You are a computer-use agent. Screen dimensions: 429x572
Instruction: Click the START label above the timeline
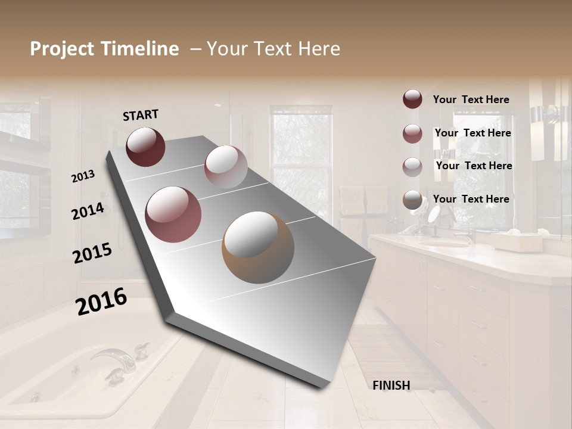141,114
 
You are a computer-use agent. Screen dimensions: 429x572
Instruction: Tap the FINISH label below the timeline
391,386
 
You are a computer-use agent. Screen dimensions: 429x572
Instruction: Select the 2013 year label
83,176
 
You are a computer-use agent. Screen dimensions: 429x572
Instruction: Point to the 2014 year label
88,211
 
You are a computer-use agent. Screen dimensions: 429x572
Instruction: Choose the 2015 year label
92,253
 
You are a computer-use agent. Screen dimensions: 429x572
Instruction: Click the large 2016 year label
101,301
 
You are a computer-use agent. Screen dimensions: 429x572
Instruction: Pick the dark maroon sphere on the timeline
145,147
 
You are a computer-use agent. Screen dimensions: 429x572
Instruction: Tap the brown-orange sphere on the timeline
258,247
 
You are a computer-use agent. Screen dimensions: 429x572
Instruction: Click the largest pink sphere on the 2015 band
173,214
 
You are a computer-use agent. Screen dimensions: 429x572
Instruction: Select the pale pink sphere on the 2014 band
225,167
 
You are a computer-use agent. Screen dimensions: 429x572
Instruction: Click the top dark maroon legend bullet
412,99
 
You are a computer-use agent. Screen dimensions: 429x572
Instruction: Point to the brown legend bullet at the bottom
412,200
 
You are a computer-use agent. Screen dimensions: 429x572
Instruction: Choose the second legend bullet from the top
412,133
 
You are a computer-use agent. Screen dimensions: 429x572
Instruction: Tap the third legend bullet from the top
412,166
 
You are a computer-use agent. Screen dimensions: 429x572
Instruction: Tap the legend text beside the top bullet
471,100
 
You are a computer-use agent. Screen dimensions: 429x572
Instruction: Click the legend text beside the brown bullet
471,199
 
